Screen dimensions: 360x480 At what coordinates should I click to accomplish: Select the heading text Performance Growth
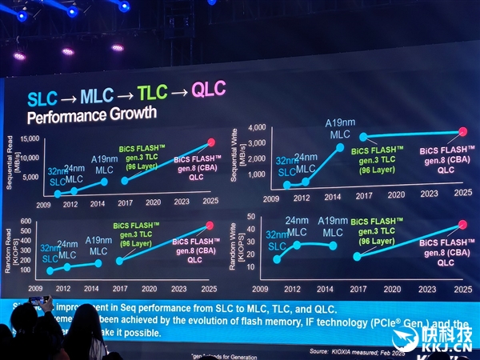[x=92, y=114]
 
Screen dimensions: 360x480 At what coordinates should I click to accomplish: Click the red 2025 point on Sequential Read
[x=211, y=142]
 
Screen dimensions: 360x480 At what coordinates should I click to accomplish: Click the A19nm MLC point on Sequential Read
[x=104, y=182]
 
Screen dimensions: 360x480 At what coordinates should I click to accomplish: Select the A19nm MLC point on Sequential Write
[x=340, y=146]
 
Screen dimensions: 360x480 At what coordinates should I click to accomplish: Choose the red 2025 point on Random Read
[x=210, y=225]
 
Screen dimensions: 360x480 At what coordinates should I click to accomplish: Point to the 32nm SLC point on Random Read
[x=49, y=271]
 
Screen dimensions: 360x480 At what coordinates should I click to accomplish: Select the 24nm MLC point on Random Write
[x=298, y=244]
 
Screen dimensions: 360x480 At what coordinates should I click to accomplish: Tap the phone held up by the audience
[x=38, y=302]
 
